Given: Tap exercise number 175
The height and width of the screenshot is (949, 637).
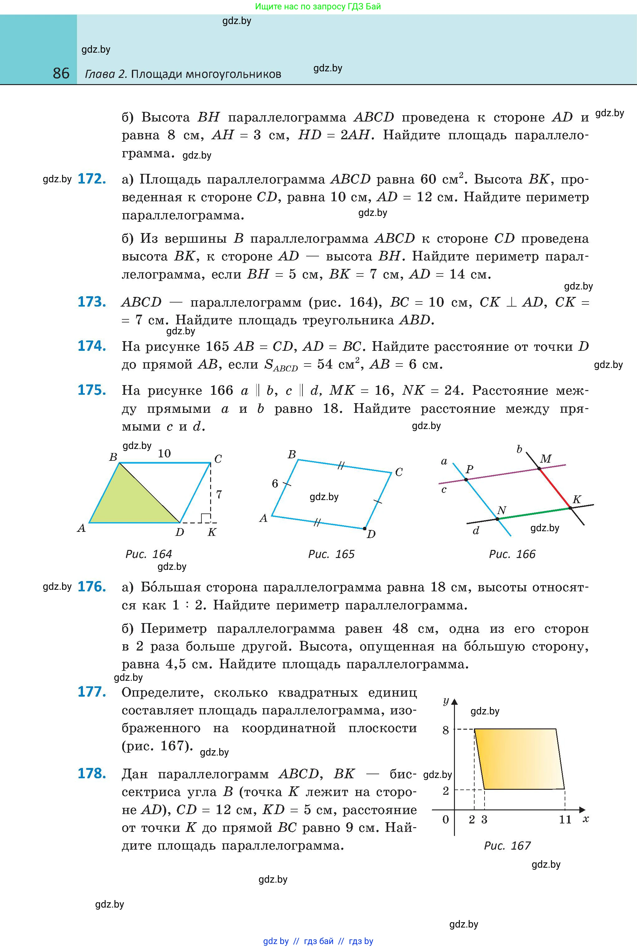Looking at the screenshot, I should pyautogui.click(x=92, y=390).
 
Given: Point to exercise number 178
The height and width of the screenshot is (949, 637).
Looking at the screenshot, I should pyautogui.click(x=92, y=773).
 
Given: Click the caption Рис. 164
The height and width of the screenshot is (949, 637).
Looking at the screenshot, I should pyautogui.click(x=149, y=554).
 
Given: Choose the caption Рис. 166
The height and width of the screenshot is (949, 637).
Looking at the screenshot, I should pyautogui.click(x=512, y=554).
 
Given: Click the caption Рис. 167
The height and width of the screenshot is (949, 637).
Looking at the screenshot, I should pyautogui.click(x=507, y=846).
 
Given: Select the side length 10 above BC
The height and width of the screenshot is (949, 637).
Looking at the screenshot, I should pyautogui.click(x=164, y=453).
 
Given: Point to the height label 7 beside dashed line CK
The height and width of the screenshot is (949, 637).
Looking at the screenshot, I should pyautogui.click(x=219, y=494).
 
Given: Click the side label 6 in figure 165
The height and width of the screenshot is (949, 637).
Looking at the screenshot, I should pyautogui.click(x=275, y=484).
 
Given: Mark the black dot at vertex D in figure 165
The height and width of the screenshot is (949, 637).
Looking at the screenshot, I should pyautogui.click(x=364, y=528).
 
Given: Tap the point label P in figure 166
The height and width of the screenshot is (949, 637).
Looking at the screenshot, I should pyautogui.click(x=470, y=469).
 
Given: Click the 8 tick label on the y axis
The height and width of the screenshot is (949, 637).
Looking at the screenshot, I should pyautogui.click(x=446, y=730).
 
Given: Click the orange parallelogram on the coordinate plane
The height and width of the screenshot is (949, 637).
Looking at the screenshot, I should pyautogui.click(x=520, y=759).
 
